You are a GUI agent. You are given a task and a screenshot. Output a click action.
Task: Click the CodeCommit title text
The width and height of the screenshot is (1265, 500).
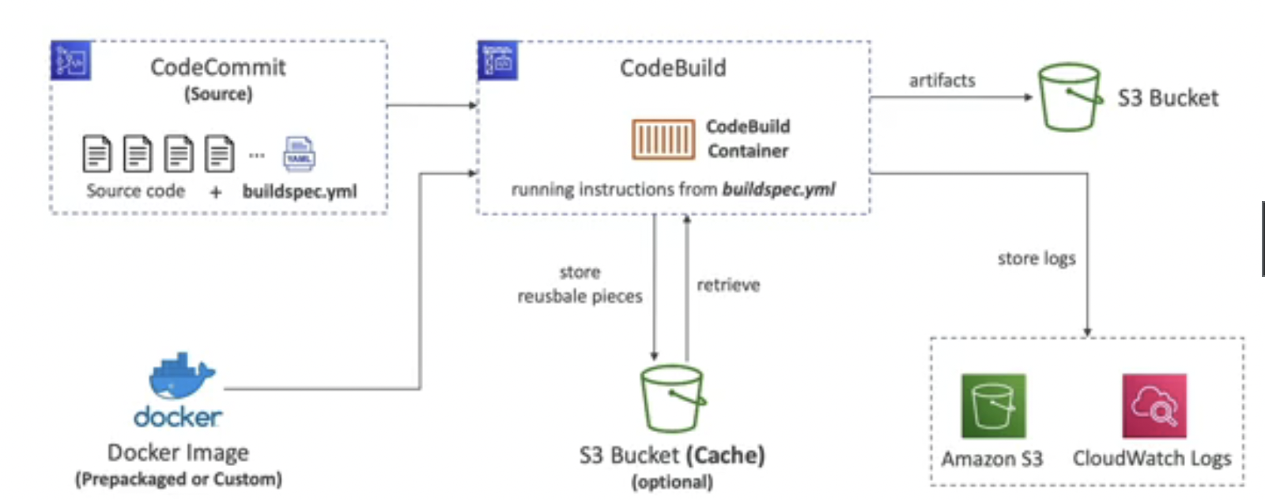pos(217,67)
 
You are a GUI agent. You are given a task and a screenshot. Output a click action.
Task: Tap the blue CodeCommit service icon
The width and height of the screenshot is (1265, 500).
pos(70,61)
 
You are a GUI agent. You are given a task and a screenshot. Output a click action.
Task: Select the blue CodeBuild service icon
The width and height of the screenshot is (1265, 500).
pos(497,61)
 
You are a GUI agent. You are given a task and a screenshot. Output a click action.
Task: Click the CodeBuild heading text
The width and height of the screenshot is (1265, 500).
pos(673,68)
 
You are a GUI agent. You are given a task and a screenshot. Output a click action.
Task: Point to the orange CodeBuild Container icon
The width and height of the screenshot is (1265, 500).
pos(663,139)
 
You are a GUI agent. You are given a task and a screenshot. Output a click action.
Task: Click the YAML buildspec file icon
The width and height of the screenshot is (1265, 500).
pos(299,153)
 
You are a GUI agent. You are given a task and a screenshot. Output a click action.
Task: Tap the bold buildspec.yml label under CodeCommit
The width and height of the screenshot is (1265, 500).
pos(300,191)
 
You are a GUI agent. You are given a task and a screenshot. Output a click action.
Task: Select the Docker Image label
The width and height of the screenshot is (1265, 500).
pos(178,453)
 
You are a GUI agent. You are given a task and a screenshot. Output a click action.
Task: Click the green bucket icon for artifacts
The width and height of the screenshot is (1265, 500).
pos(1070,97)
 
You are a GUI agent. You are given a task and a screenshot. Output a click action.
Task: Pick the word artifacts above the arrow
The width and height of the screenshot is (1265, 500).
pos(942,81)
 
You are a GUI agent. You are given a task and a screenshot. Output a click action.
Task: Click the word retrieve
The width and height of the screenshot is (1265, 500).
pos(728,285)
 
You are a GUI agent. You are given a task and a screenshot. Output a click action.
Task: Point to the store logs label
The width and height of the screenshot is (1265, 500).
pos(1037,259)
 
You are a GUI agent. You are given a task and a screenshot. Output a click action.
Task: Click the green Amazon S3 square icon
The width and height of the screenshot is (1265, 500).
pos(993,406)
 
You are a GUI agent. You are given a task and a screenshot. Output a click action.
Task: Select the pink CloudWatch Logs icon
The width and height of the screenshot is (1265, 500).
pos(1154,406)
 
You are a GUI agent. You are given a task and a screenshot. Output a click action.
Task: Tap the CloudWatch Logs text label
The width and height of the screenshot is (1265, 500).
pos(1152,459)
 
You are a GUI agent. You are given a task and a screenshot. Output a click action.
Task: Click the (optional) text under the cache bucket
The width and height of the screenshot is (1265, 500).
pos(672,482)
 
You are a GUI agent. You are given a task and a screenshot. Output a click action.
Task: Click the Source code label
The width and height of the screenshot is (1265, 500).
pos(135,191)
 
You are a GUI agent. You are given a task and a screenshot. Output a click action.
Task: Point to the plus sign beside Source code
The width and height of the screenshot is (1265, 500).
pos(215,192)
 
